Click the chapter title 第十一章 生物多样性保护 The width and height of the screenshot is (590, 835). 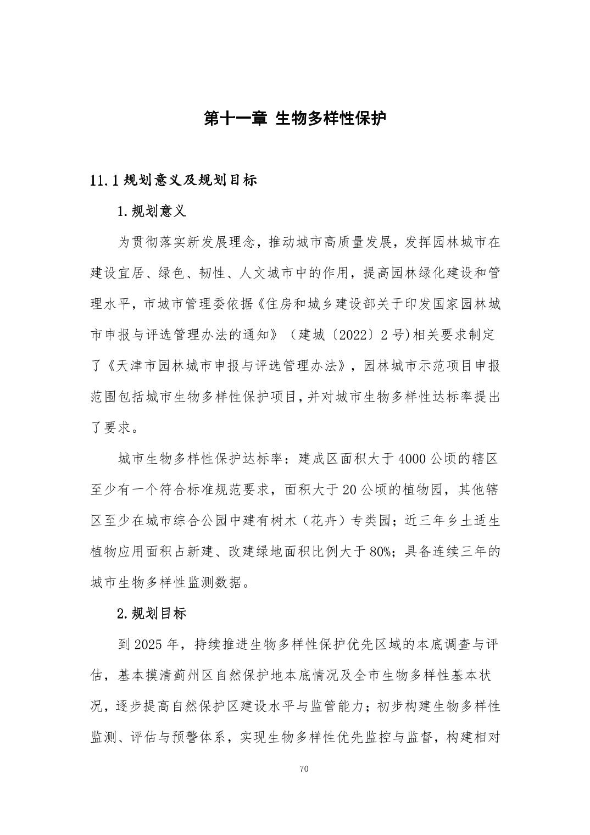[295, 118]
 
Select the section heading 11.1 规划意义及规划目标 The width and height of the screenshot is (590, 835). [173, 180]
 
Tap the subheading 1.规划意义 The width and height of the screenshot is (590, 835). [152, 211]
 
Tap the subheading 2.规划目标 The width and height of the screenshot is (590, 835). [152, 614]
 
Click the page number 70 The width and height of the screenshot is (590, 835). [304, 769]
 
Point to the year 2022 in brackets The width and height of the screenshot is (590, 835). [346, 335]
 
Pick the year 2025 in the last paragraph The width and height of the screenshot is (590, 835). [148, 644]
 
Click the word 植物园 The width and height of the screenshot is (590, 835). [423, 489]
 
